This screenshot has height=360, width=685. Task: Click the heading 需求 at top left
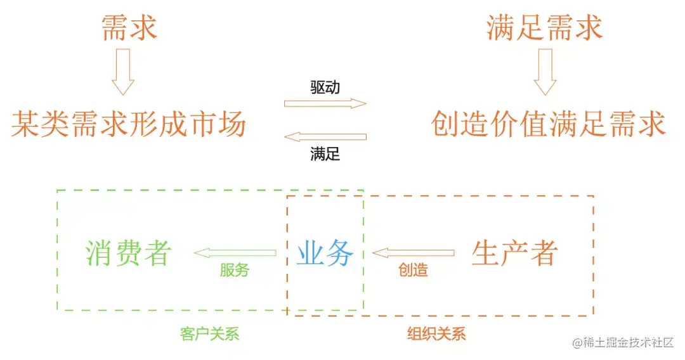(129, 28)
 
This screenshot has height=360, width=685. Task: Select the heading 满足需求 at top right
(544, 28)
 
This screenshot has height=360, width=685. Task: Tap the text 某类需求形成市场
(129, 123)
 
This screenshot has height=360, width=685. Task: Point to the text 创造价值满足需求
(548, 123)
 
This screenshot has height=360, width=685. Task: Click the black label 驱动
(325, 87)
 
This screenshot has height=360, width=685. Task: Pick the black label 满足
(325, 154)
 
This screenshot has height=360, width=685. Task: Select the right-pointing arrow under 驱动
(325, 103)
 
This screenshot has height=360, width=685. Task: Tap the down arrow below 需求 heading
(123, 72)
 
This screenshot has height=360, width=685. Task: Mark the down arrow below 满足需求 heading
(545, 72)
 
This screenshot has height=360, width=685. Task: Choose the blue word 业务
(325, 254)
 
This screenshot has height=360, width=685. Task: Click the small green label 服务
(235, 270)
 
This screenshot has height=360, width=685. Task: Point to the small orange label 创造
(413, 270)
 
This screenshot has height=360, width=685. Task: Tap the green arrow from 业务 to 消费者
(235, 253)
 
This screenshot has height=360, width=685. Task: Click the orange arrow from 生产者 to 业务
(413, 253)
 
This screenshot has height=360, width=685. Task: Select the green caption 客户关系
(210, 333)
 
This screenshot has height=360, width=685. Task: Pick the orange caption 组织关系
(436, 333)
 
